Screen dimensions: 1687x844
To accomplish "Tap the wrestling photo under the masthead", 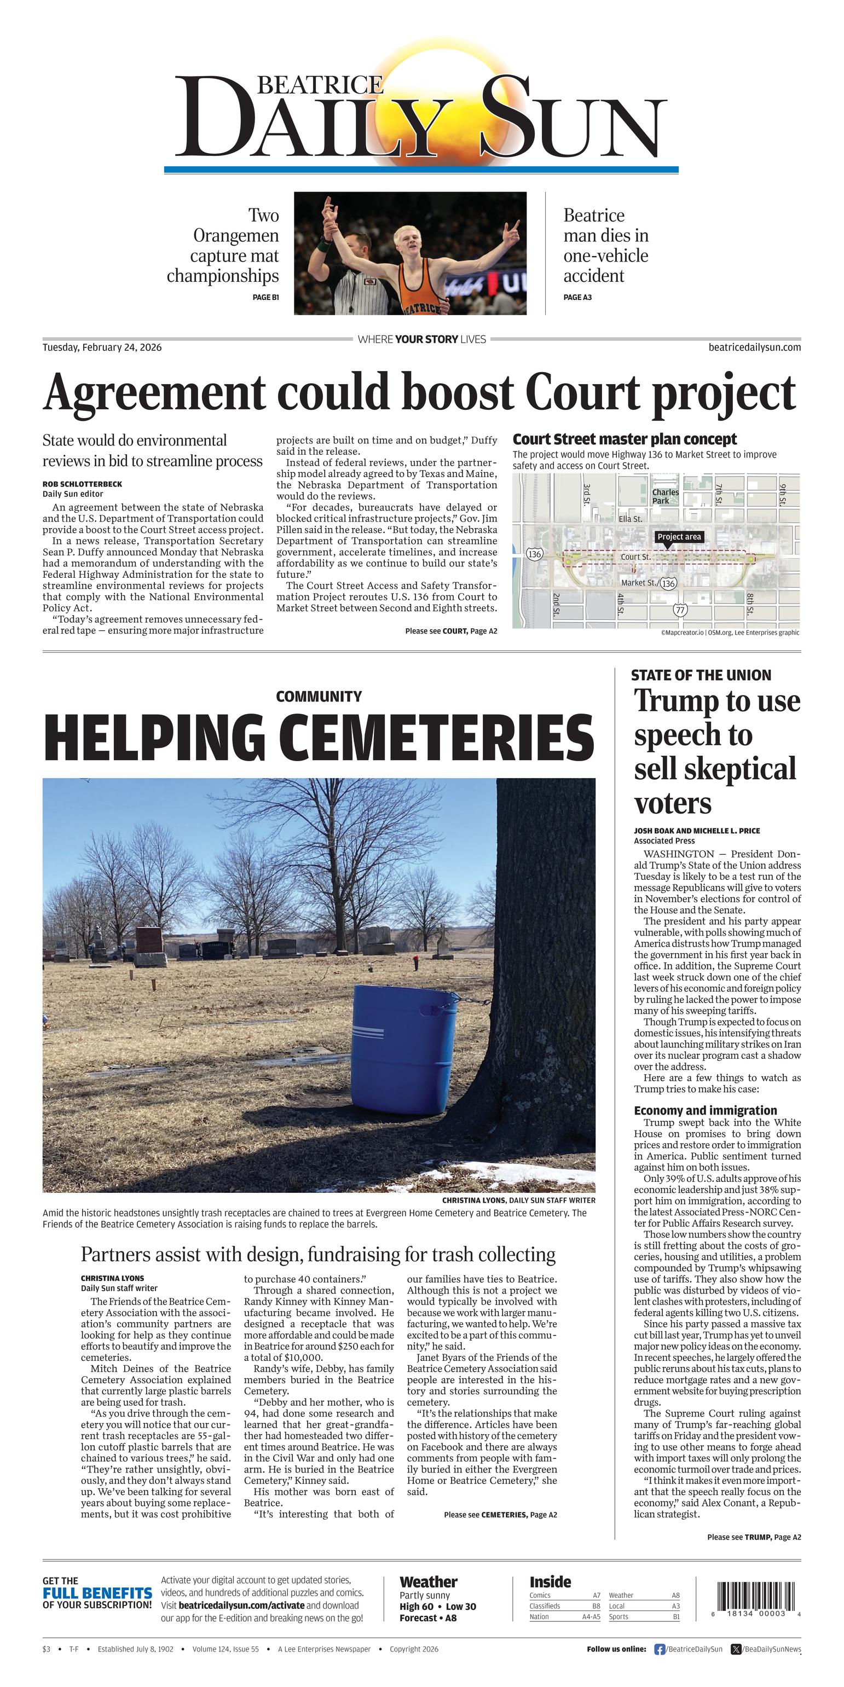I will [x=410, y=253].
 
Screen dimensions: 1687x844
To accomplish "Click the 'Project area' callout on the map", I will [x=679, y=536].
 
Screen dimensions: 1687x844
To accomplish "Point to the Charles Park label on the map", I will [x=665, y=496].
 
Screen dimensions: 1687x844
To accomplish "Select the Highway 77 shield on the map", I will [x=680, y=610].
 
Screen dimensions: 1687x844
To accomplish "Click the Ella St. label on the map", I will [x=631, y=519].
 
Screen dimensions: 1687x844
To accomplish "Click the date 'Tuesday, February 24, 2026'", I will [x=102, y=347].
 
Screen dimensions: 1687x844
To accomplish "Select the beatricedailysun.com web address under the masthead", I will [x=754, y=347].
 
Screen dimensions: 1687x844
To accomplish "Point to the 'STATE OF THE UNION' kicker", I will [x=701, y=675].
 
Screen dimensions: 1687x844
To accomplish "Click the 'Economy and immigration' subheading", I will [x=705, y=1110].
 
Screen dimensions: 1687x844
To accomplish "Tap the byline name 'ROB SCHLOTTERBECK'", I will [x=82, y=484].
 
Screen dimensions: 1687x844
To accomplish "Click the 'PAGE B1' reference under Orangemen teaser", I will [x=266, y=297].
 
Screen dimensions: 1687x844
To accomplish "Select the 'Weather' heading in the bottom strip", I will [x=429, y=1582].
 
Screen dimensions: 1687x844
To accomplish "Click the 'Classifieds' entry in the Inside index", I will [x=545, y=1606].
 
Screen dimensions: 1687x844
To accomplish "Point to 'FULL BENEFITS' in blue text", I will [x=97, y=1593].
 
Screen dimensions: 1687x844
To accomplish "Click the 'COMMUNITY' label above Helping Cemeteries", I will [x=319, y=696].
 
